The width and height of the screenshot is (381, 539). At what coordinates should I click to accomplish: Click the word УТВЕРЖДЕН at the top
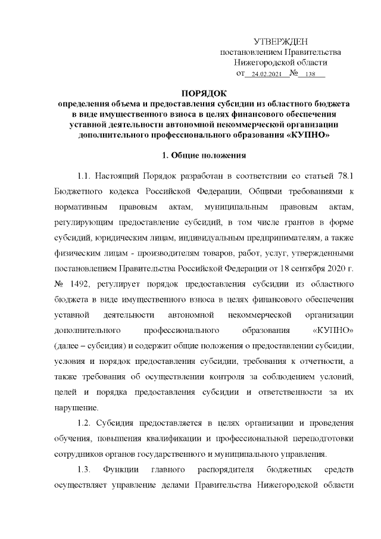tap(280, 41)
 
